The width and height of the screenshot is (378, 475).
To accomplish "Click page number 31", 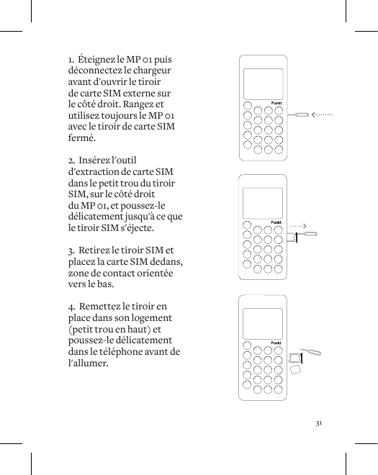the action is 320,420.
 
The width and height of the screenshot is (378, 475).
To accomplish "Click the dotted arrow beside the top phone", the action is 322,114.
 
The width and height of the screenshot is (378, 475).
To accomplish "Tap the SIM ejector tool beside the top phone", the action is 298,114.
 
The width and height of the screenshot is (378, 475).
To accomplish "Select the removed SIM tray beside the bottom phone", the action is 294,357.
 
